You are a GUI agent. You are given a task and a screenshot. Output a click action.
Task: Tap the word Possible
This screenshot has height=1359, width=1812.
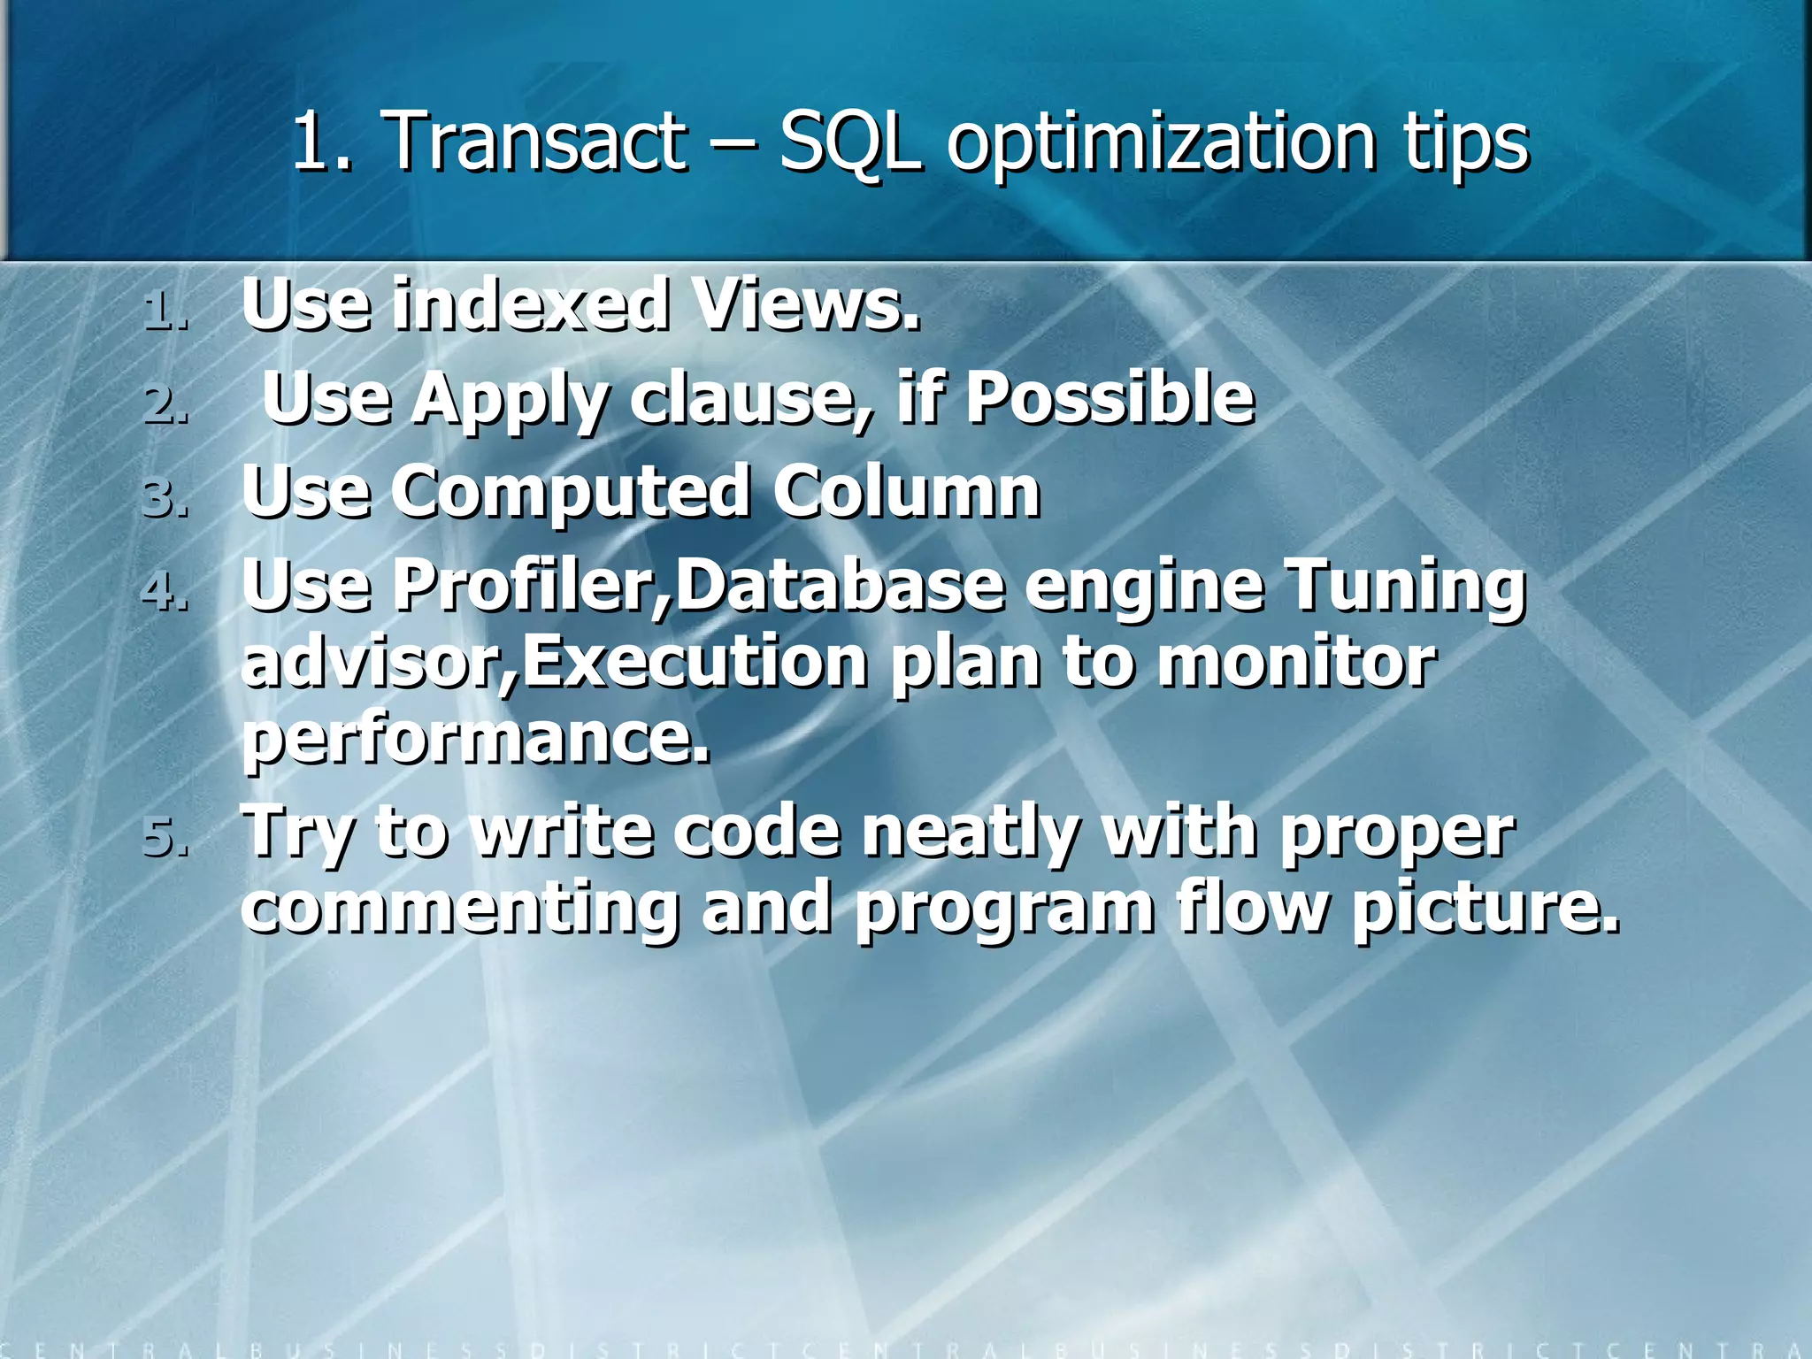(1109, 397)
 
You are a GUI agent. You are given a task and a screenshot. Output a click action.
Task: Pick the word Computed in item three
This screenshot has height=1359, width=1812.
(572, 493)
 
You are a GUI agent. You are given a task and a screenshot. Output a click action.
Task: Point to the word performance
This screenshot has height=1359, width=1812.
(476, 740)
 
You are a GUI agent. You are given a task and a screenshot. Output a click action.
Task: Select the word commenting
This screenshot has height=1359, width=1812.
(460, 909)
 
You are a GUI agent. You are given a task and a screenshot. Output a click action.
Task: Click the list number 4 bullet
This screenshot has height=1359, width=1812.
(165, 591)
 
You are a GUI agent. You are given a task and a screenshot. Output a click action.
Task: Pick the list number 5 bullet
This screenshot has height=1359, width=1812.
(165, 837)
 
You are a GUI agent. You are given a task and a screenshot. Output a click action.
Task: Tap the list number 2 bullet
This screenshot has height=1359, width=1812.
(165, 404)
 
